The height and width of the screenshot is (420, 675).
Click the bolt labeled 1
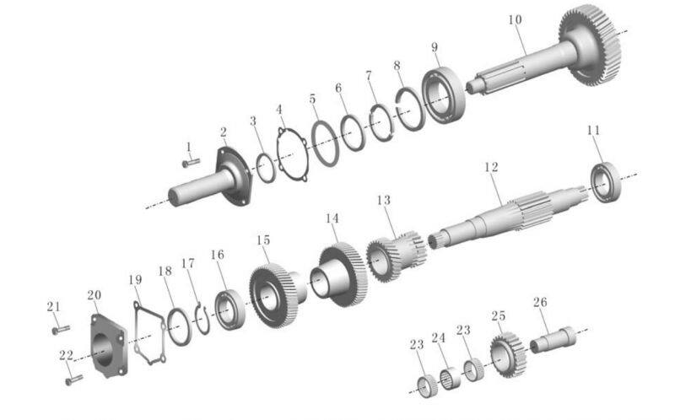pos(192,163)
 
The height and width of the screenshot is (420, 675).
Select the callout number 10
pos(515,19)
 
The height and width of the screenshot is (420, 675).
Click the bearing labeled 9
pos(444,95)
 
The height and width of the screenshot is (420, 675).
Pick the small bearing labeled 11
pos(606,182)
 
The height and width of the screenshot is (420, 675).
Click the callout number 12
pos(491,167)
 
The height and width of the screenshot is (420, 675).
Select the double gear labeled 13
pos(395,256)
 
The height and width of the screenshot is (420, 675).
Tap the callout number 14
pos(332,218)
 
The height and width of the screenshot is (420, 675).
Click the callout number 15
pos(263,240)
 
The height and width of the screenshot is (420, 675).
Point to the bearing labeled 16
pos(229,310)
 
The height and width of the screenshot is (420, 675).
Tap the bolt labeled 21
pos(61,330)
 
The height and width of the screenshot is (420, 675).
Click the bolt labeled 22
pos(74,380)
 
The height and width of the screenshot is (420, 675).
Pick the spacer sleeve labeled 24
pos(450,379)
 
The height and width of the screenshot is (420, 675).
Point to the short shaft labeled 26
pos(553,340)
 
